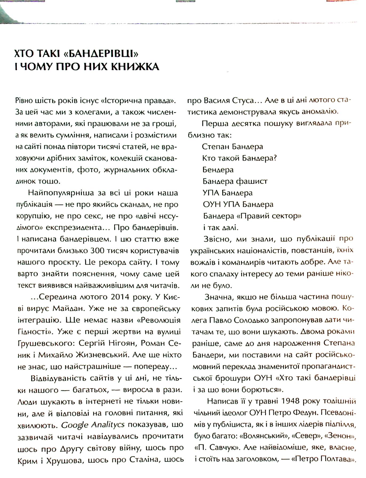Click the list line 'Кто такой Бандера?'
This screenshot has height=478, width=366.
tap(239, 158)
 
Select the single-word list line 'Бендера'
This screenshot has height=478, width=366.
tap(218, 170)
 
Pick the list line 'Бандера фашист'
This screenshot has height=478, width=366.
tap(235, 181)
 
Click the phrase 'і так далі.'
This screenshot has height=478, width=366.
tap(220, 228)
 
